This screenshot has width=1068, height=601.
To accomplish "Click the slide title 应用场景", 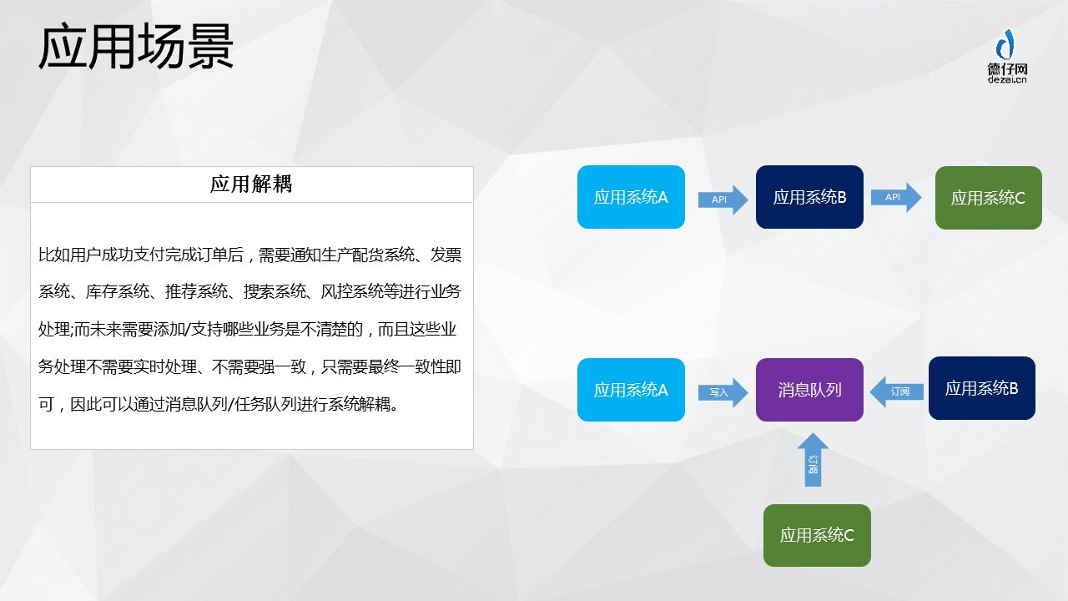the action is pos(136,47).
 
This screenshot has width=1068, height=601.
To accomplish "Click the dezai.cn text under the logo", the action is pos(1007,79).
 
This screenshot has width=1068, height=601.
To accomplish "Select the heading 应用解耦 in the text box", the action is pos(251,184).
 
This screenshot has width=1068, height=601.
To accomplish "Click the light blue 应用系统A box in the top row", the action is pos(631,197).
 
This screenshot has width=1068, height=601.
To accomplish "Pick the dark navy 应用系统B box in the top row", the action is pos(809,197).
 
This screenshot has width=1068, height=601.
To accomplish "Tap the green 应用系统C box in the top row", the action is pos(989,198).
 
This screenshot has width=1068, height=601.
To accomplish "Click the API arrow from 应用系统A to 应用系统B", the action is pos(723,199).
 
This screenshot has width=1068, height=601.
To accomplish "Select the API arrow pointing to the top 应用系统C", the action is pos(896,198).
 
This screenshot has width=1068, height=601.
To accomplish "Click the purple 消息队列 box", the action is pos(809,390).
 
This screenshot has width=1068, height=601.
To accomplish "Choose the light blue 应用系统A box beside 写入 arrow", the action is pos(631,390).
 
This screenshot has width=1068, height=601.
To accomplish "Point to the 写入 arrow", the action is pos(723,392).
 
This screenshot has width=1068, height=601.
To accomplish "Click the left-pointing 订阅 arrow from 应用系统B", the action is pos(897,391).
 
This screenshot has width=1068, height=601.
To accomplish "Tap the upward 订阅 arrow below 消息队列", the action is pos(813,460).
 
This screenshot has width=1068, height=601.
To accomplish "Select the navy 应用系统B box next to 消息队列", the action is pos(982,388).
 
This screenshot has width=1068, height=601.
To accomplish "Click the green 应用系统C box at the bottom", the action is pos(817,535).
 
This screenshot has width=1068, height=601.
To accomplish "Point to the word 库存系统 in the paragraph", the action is pos(118,291).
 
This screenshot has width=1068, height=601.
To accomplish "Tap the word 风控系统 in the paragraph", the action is pos(352,291).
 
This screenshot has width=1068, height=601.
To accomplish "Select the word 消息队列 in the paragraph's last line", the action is pos(196,405).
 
